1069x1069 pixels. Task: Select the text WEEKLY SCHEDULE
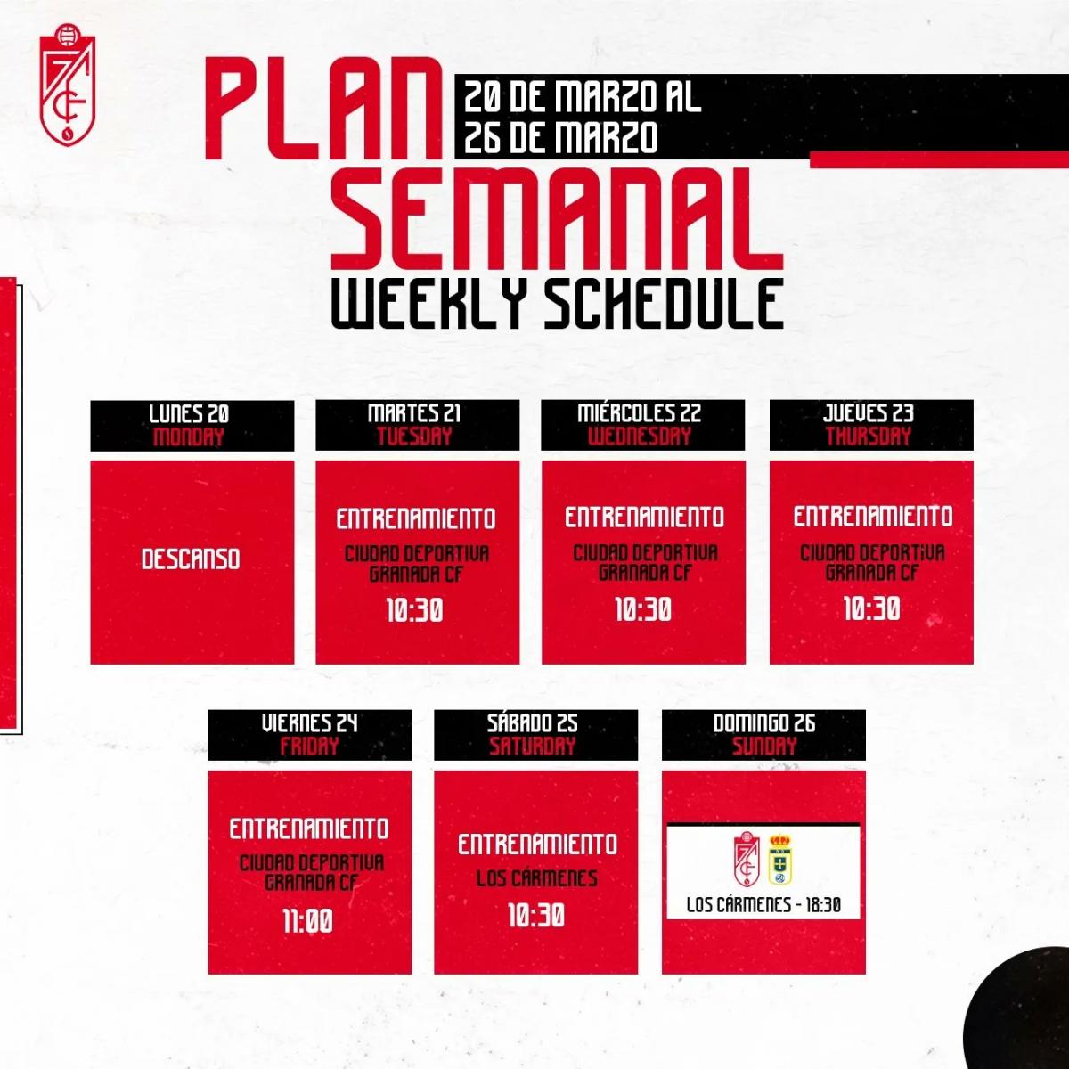[x=558, y=303]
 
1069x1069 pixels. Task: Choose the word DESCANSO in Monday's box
[x=191, y=559]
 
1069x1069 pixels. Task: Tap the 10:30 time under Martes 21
[x=415, y=611]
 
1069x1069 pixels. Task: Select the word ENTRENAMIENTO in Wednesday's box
[x=644, y=518]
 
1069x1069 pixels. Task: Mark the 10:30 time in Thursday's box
[x=871, y=609]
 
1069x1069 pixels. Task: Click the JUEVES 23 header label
[x=869, y=413]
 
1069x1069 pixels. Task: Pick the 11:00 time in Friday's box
[x=307, y=921]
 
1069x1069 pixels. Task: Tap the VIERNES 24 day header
[x=309, y=723]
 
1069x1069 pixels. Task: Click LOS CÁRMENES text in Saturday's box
[x=536, y=879]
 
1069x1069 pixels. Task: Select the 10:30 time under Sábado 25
[x=536, y=916]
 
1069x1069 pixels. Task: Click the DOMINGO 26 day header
[x=763, y=723]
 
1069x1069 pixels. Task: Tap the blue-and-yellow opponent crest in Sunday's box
[x=780, y=860]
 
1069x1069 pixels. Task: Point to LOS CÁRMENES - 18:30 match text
[x=763, y=905]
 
